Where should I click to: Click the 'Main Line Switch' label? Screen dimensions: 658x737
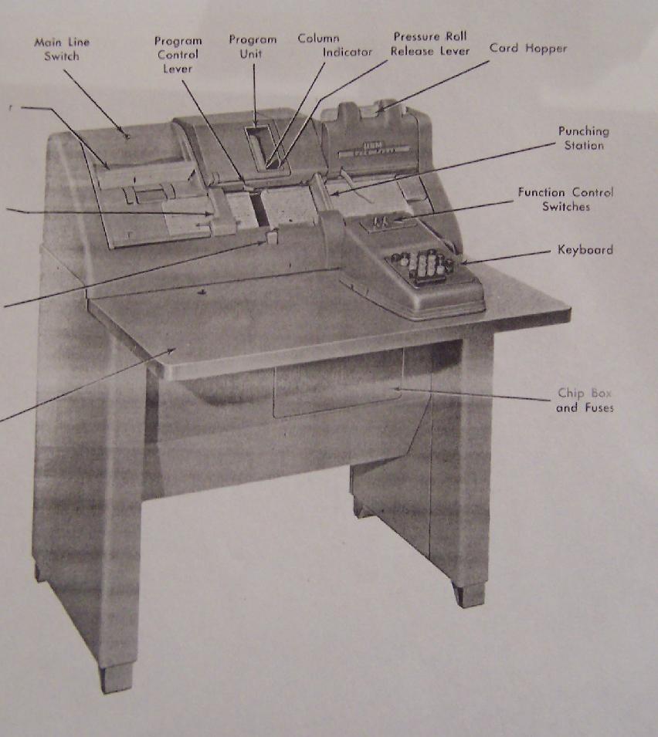62,49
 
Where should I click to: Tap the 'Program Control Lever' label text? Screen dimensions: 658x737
178,55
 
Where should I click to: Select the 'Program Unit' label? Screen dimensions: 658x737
253,46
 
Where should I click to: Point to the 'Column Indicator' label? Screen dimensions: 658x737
335,45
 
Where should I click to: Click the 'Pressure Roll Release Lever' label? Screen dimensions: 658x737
430,44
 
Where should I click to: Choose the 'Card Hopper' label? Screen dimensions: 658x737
528,48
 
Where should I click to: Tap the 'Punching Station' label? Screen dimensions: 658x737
584,138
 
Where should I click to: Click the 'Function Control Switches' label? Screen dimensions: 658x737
566,199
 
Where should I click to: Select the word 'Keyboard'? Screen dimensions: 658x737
585,249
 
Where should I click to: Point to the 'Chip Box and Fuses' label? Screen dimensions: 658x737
585,400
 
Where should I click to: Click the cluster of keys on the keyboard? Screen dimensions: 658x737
421,266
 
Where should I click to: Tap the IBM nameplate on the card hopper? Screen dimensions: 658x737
375,149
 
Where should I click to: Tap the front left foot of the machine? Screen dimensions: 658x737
116,678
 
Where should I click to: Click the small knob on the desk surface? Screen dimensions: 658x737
202,293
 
